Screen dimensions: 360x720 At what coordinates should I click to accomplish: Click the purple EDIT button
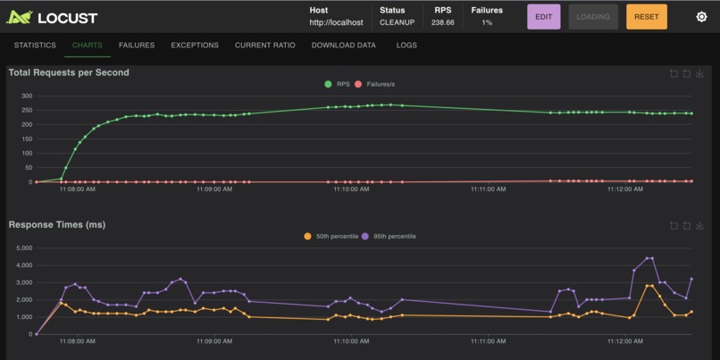[543, 17]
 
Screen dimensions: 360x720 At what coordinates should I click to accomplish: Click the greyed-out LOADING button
[593, 17]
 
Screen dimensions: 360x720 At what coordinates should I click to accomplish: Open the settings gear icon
[701, 17]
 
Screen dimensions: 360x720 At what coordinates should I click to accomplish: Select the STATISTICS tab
[35, 46]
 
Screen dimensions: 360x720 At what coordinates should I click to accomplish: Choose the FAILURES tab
[137, 46]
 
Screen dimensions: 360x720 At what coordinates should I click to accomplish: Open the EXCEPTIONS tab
[195, 46]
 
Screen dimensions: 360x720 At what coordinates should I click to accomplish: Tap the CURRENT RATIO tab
[265, 46]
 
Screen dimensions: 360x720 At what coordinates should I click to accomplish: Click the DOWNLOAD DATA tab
[343, 46]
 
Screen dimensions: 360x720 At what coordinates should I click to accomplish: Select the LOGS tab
[406, 46]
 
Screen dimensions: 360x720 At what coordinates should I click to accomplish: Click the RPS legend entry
[338, 84]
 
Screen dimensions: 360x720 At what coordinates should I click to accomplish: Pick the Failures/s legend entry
[377, 84]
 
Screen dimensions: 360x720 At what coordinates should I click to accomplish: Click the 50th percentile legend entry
[331, 236]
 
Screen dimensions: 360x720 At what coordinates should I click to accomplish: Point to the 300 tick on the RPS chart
[27, 96]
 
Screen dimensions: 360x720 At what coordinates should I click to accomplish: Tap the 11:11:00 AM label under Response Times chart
[488, 341]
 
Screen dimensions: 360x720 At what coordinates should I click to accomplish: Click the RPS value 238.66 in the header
[442, 22]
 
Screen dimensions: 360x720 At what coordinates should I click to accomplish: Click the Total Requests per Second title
[69, 72]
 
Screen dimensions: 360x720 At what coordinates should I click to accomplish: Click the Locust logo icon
[20, 17]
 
